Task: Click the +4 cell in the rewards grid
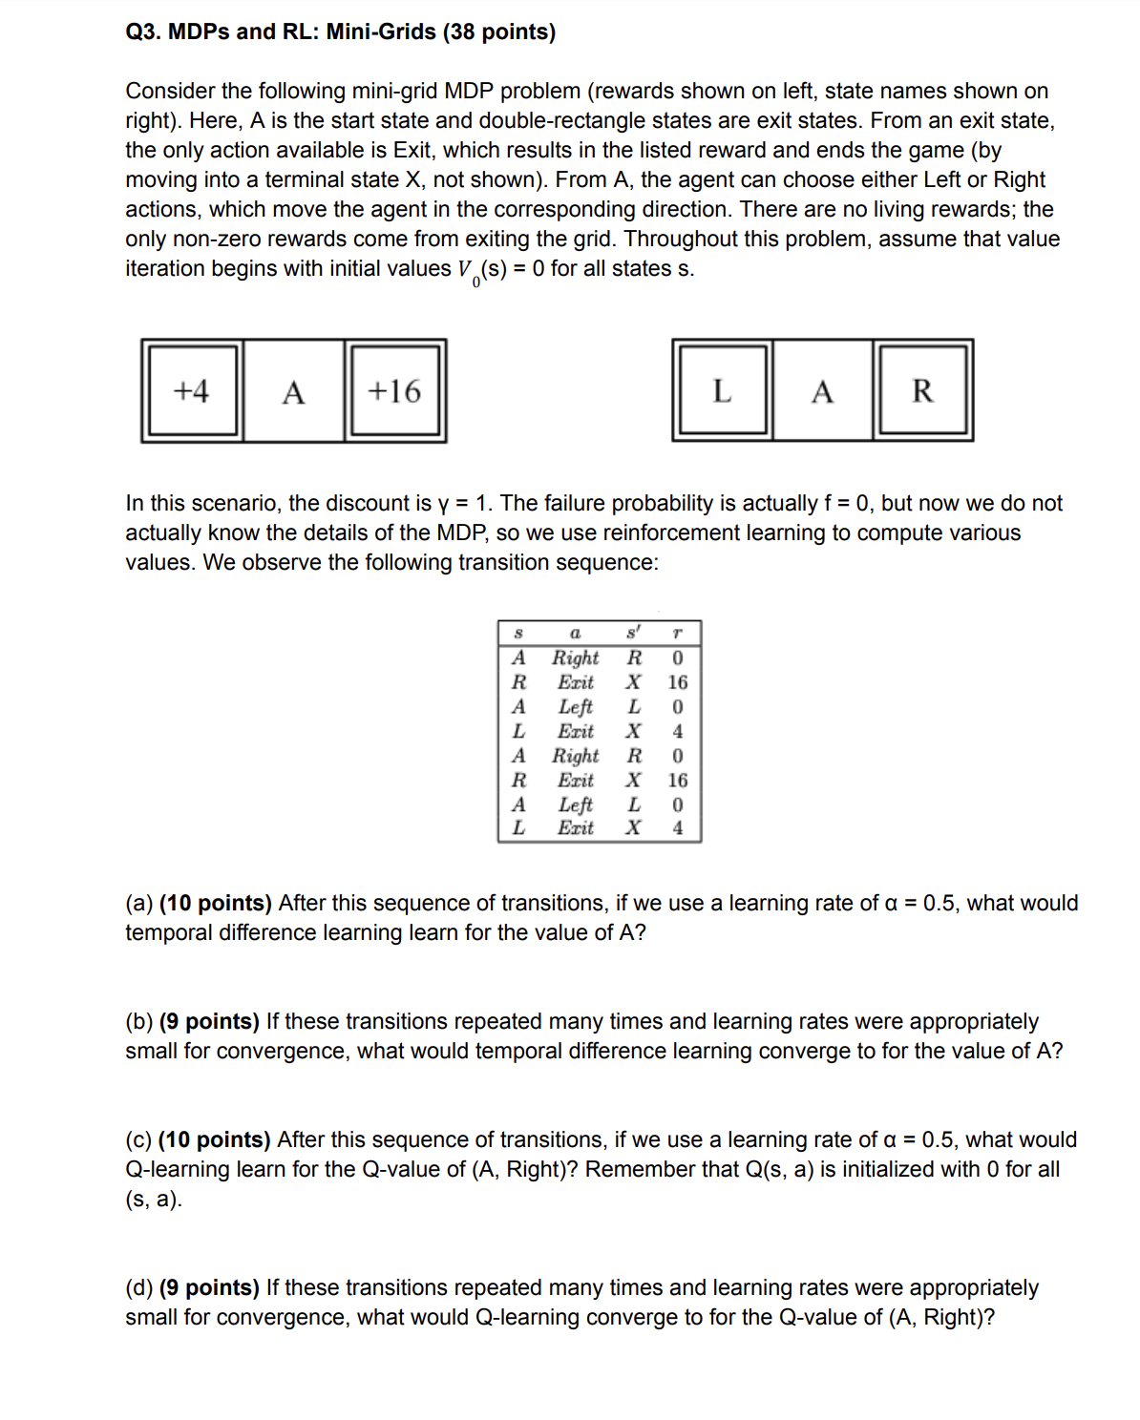192,391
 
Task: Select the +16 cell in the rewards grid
394,391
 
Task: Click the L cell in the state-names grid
722,391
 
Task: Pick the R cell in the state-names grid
922,391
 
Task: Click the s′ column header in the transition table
633,633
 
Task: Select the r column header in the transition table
677,634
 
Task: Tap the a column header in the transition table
575,634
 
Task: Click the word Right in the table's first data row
575,658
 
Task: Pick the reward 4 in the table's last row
677,827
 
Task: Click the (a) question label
139,903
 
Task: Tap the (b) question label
139,1021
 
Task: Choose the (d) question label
139,1287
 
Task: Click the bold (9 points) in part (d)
209,1287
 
